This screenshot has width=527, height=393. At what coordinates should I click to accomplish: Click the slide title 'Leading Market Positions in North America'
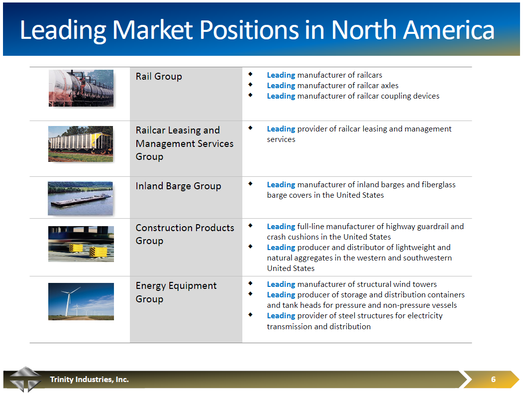pos(257,30)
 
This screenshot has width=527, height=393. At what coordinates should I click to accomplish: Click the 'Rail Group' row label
pos(159,76)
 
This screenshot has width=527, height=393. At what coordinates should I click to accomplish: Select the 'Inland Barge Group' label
pos(178,186)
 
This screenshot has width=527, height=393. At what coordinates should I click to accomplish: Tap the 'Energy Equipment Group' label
pos(176,292)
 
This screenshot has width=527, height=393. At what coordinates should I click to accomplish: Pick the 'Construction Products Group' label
pos(185,234)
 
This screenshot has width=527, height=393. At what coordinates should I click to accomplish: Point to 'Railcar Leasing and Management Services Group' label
pos(184,143)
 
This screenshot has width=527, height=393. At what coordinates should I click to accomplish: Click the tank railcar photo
pos(81,88)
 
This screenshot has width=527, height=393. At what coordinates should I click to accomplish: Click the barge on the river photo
pos(80,198)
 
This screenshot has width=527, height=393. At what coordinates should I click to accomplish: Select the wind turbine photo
pos(81,301)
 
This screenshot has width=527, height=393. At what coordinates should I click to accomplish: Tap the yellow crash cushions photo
pos(81,244)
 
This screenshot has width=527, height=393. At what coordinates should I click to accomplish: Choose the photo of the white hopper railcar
pos(81,143)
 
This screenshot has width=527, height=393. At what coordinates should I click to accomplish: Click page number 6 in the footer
pos(493,379)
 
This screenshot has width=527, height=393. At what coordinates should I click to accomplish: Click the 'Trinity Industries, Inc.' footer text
pos(89,379)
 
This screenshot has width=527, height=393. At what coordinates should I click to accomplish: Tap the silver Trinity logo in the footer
pos(25,379)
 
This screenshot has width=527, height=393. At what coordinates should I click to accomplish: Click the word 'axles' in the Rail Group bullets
pos(389,85)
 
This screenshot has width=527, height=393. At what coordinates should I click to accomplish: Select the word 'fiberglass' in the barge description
pos(438,184)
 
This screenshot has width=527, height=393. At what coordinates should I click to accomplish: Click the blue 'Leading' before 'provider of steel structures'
pos(281,315)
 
